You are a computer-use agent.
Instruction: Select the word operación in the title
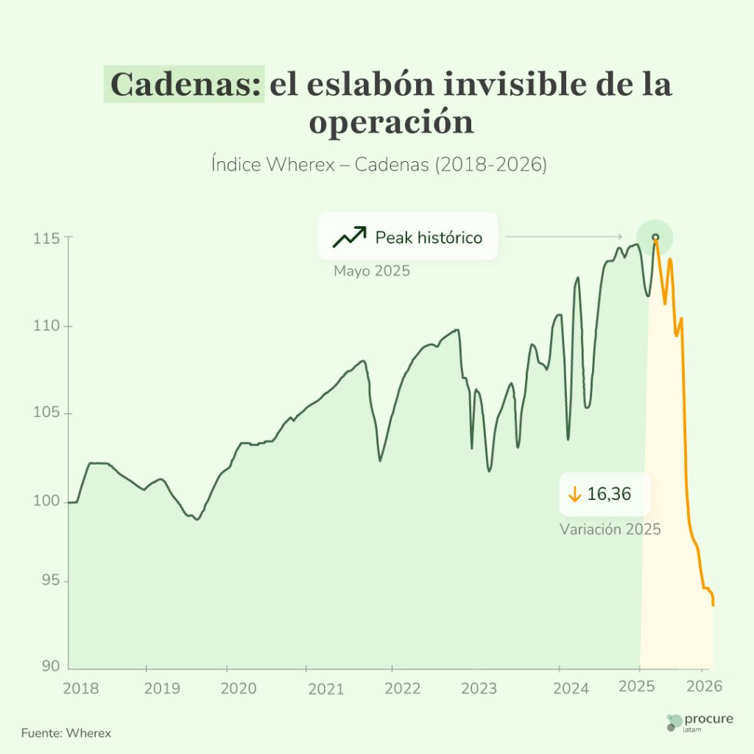[391, 122]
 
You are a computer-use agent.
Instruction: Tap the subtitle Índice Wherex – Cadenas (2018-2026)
[378, 164]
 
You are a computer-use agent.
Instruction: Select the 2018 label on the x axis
[80, 688]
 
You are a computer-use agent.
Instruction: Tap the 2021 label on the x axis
[325, 688]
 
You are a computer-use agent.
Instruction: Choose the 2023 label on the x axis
[479, 688]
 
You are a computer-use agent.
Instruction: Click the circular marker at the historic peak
[655, 237]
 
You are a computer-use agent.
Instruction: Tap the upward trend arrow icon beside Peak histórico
[349, 237]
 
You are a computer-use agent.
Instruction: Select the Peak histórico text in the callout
[429, 238]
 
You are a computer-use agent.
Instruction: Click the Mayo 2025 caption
[372, 271]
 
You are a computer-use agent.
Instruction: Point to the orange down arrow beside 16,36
[575, 495]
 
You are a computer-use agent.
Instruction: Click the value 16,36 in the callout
[609, 495]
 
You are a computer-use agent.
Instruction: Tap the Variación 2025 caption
[610, 529]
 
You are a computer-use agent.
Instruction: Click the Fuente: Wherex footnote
[66, 733]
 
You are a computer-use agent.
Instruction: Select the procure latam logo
[699, 722]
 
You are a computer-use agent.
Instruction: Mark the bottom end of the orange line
[713, 605]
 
